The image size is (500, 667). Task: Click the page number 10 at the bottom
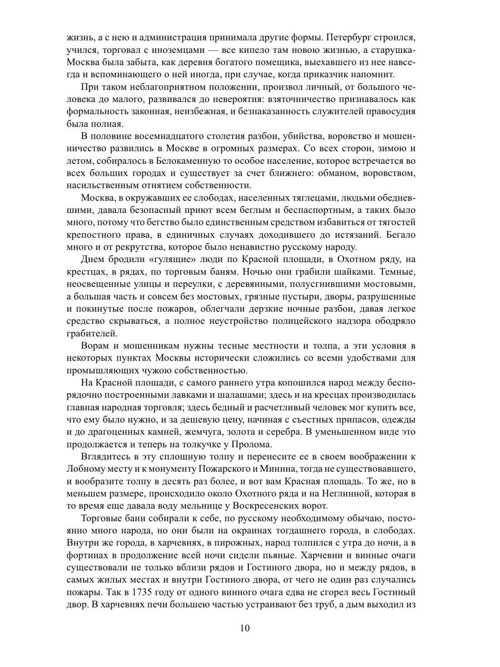(245, 627)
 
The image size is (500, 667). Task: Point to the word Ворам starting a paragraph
(95, 346)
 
